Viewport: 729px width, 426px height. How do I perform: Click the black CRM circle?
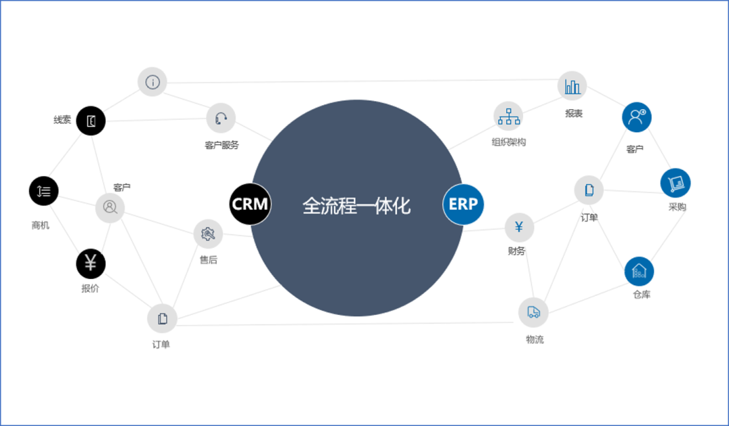pyautogui.click(x=250, y=204)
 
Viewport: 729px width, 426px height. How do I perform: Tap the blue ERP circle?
pyautogui.click(x=463, y=204)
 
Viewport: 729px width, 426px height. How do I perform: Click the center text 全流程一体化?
pyautogui.click(x=356, y=206)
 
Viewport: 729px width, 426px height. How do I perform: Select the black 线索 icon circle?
pyautogui.click(x=91, y=121)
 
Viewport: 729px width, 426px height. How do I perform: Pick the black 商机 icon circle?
pyautogui.click(x=44, y=191)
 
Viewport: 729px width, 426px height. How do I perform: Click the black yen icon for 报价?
pyautogui.click(x=91, y=264)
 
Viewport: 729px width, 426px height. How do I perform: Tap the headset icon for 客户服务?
pyautogui.click(x=221, y=119)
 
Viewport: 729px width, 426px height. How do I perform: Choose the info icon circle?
pyautogui.click(x=153, y=82)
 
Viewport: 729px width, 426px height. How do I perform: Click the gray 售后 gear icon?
pyautogui.click(x=208, y=234)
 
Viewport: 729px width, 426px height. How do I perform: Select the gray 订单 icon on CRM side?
pyautogui.click(x=162, y=318)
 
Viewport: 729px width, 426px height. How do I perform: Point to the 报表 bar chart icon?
pyautogui.click(x=572, y=86)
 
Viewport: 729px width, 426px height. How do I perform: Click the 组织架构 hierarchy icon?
pyautogui.click(x=508, y=117)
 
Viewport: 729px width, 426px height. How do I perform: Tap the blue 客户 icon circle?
pyautogui.click(x=637, y=117)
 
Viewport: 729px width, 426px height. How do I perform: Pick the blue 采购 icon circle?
pyautogui.click(x=675, y=183)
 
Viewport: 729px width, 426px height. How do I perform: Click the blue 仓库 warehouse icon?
pyautogui.click(x=639, y=272)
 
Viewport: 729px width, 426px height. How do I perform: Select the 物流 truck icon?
pyautogui.click(x=533, y=312)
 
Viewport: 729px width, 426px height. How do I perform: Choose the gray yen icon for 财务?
pyautogui.click(x=519, y=227)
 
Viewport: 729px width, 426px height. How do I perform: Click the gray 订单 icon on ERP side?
pyautogui.click(x=589, y=190)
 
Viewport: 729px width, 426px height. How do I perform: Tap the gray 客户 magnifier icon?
pyautogui.click(x=110, y=208)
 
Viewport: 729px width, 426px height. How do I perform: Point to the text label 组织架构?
pyautogui.click(x=508, y=142)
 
